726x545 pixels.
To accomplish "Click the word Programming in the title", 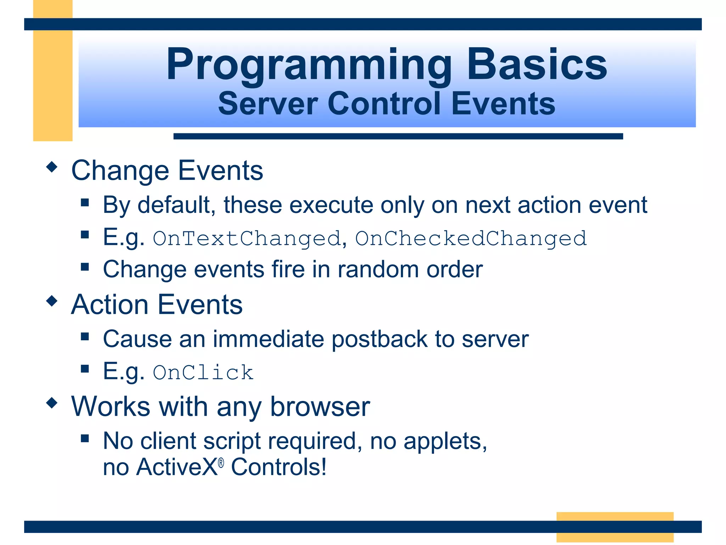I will (x=308, y=65).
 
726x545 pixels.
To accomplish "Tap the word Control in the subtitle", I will (x=385, y=104).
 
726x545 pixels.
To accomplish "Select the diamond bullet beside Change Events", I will (x=52, y=167).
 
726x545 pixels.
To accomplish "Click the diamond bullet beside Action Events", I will (x=52, y=301).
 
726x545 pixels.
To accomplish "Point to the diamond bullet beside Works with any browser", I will (x=52, y=403).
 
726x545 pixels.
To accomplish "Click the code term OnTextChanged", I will (x=247, y=238).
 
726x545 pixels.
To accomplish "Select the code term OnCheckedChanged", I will (x=471, y=238).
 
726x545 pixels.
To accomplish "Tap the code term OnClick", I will (x=203, y=373).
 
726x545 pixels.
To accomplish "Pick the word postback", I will (x=379, y=339).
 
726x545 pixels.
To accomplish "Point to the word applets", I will (x=445, y=441).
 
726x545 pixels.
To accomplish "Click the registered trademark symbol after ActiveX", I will (x=221, y=463).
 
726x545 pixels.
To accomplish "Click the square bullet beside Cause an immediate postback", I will (x=85, y=336).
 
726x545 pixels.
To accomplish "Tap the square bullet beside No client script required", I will (x=85, y=438).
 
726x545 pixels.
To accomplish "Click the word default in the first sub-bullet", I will (x=176, y=205).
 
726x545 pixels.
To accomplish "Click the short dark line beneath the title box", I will (x=398, y=136).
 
